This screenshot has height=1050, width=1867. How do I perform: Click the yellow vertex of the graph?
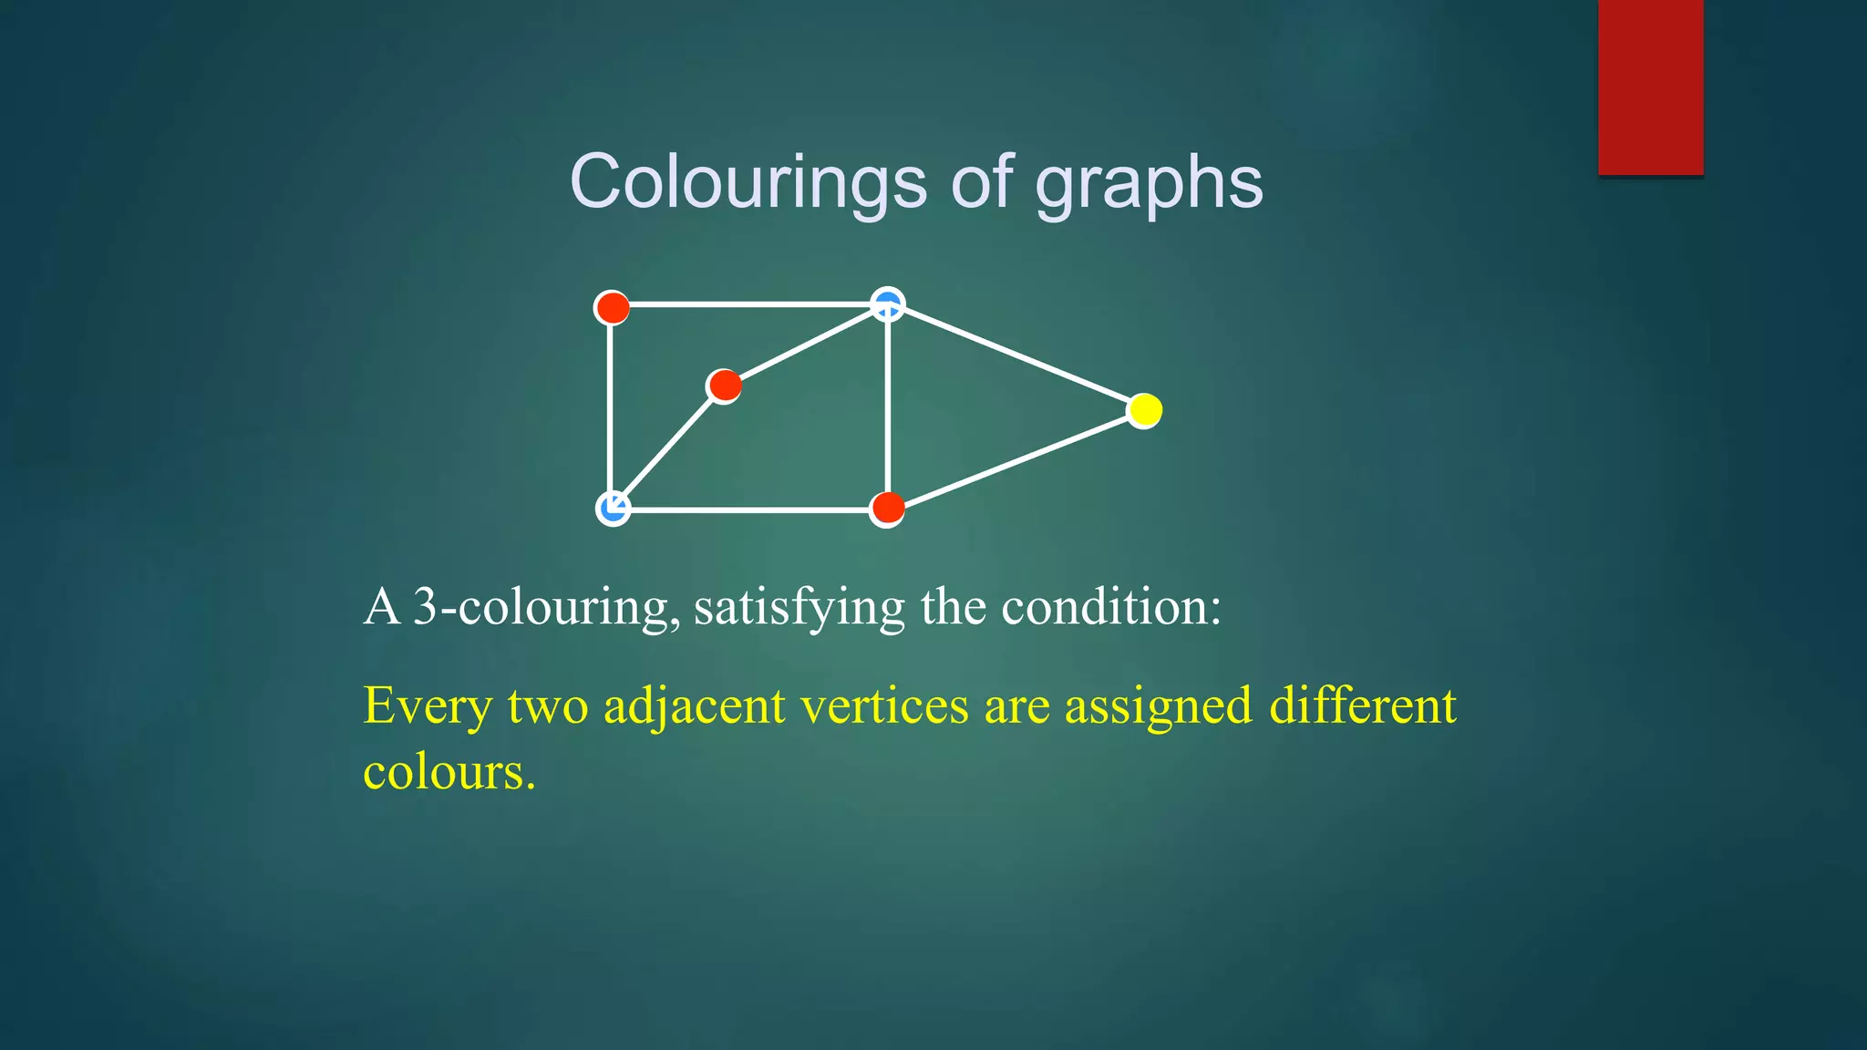[1144, 410]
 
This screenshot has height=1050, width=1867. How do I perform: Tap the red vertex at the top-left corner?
[612, 307]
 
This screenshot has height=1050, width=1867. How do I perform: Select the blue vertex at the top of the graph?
[888, 304]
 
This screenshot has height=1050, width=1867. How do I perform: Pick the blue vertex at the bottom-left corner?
[613, 508]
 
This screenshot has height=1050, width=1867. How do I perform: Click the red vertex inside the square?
[725, 386]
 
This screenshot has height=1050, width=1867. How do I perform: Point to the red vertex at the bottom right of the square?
[887, 508]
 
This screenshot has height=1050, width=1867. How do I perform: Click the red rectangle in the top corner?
[1650, 87]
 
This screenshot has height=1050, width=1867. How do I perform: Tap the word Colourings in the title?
[748, 182]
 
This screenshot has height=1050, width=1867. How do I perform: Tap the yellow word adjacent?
[694, 707]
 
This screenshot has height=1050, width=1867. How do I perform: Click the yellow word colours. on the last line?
[449, 772]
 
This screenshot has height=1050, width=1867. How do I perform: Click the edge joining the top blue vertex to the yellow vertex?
[1016, 357]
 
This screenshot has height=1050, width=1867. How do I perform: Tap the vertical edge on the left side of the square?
[610, 407]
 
